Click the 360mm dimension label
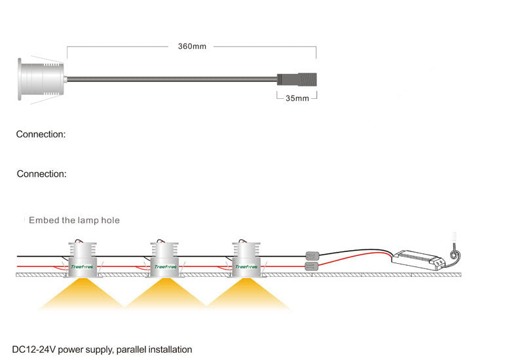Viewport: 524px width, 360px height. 192,46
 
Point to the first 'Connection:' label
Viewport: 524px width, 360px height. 41,134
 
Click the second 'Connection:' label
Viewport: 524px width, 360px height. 41,174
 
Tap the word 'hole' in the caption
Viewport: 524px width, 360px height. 110,221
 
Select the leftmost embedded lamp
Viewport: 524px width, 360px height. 81,259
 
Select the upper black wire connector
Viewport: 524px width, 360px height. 313,256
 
